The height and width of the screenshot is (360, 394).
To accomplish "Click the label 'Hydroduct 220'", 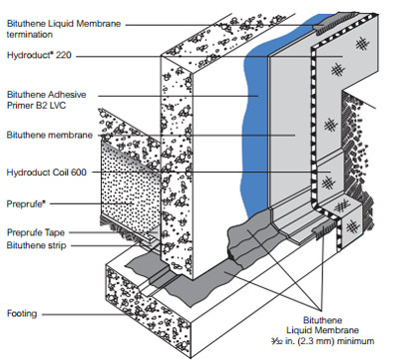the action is tap(39, 55).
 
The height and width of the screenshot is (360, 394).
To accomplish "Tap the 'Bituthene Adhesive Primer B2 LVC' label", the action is tap(46, 100).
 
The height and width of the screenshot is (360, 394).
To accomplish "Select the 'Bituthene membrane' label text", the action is tap(50, 135).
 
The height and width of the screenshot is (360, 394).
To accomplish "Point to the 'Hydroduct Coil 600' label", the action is tap(46, 173).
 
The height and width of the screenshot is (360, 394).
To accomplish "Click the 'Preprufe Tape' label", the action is tap(36, 232).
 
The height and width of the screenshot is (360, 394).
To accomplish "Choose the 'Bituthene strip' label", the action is tap(36, 245).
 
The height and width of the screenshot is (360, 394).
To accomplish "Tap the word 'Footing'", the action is tap(22, 313).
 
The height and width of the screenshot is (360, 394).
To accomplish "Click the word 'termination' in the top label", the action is tap(29, 35).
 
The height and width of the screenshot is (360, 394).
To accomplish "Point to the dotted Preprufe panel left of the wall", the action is tap(130, 189).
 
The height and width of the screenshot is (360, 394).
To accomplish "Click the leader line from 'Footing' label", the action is tap(84, 314).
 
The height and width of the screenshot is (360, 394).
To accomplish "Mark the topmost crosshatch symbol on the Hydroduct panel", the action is tap(362, 44).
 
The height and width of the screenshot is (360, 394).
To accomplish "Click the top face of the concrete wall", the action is tap(227, 37).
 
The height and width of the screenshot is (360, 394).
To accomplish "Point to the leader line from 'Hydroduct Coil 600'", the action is tap(211, 172).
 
